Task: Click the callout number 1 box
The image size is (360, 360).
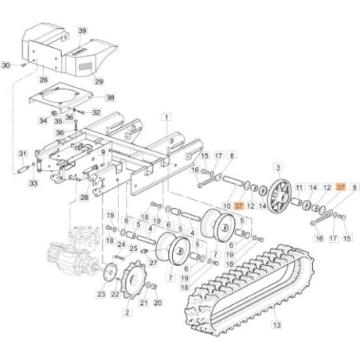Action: pos(166,117)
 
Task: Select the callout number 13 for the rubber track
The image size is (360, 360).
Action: pos(276,324)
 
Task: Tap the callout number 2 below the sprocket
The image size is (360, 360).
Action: pos(127,312)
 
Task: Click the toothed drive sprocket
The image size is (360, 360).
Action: pos(133,280)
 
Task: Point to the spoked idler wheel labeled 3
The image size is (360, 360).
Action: pos(280,196)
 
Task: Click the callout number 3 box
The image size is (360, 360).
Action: pos(278,167)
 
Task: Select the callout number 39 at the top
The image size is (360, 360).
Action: pos(82,31)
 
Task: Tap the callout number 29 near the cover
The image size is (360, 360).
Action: pos(99,81)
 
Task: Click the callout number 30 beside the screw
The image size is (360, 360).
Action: pos(6,65)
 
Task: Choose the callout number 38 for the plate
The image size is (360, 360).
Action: pos(110,97)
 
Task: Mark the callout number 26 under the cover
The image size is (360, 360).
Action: pos(44,80)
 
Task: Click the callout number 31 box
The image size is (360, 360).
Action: pos(22,154)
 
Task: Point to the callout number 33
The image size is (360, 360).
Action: pos(33,183)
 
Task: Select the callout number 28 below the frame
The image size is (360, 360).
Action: pos(84,198)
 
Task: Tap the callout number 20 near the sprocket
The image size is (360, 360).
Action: pos(158,303)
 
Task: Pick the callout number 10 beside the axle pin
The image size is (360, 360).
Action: pos(227,205)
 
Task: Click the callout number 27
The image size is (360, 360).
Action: pos(153,263)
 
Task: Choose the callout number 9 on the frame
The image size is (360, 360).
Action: pos(103,152)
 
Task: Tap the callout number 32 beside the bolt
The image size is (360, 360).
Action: pos(96,112)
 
